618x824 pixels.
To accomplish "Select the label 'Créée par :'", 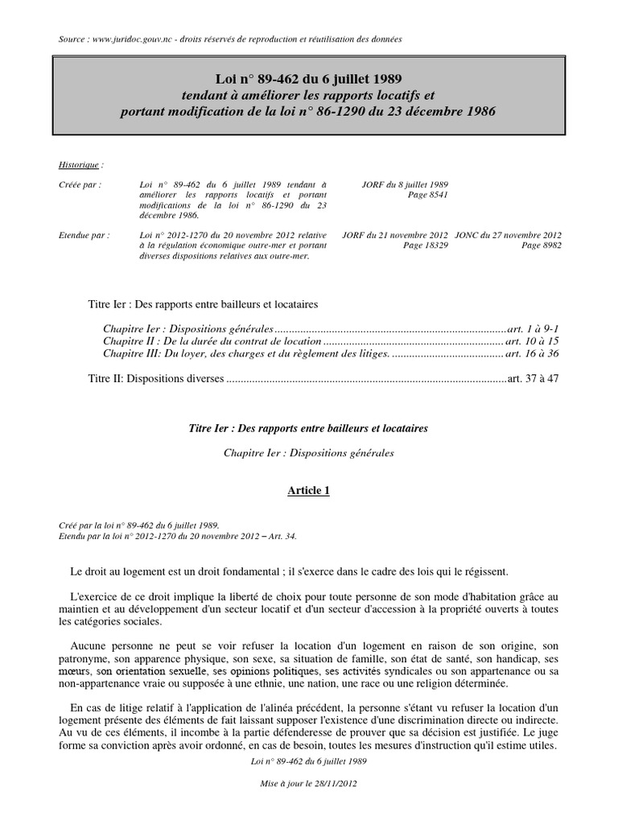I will [80, 183].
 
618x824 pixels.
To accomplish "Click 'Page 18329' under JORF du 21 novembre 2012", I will [425, 245].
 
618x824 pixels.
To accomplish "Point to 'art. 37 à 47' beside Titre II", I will [531, 378].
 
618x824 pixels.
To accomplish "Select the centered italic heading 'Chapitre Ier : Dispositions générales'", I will [308, 453].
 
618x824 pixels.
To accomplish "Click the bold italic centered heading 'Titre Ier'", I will [308, 429].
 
